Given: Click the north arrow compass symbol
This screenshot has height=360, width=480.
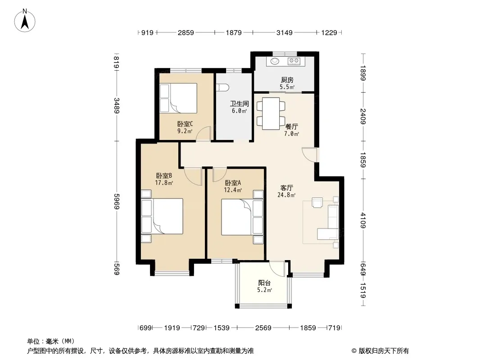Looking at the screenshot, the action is click(x=25, y=20).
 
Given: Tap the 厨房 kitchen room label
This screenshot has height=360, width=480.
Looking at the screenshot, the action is click(x=287, y=80).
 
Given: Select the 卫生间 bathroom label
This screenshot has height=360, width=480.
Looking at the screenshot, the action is click(x=239, y=103).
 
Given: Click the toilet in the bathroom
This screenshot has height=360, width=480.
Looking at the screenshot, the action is click(x=222, y=88).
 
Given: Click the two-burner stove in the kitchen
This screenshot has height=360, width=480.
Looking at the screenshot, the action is click(x=294, y=61).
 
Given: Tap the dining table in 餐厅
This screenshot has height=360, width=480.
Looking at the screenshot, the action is click(x=271, y=113).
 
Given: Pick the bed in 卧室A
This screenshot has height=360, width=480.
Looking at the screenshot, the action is click(x=242, y=217).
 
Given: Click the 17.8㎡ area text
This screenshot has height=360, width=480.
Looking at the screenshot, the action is click(x=164, y=183).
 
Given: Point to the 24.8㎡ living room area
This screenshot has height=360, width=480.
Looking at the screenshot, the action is click(x=286, y=195).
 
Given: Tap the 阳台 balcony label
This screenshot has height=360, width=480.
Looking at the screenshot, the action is click(x=264, y=283).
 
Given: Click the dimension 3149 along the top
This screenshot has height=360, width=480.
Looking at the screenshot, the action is click(x=285, y=32).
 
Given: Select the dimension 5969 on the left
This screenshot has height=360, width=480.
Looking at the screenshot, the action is click(x=117, y=201).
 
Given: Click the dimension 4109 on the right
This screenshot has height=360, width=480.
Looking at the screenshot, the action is click(x=363, y=220).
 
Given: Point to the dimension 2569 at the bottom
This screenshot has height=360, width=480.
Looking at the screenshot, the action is click(x=263, y=328).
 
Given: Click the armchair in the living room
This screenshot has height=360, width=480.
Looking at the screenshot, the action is click(x=317, y=202).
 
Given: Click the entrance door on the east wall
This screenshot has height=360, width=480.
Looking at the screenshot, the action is click(x=310, y=155).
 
